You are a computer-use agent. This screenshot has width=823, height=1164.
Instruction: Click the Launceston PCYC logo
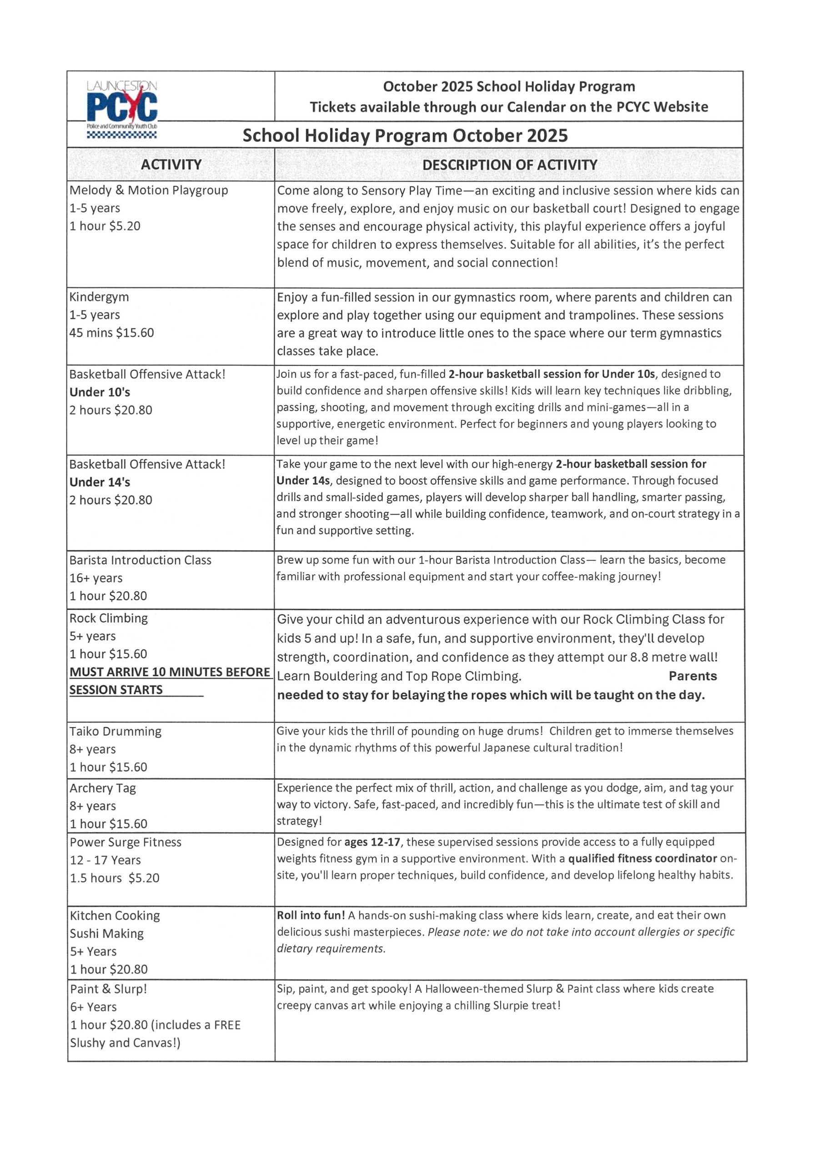[x=122, y=107]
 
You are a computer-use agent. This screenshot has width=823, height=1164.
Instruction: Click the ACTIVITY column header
[x=171, y=164]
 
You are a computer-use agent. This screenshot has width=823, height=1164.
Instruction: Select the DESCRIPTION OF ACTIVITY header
[x=510, y=165]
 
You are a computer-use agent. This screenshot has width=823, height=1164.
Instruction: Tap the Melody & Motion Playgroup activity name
[x=149, y=190]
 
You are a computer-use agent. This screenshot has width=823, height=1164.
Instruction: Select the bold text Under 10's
[x=100, y=392]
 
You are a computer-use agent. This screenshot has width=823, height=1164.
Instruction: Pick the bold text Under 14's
[x=100, y=482]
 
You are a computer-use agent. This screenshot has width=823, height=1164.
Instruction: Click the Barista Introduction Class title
[x=141, y=560]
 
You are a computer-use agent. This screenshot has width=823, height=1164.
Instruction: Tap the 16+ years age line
[x=96, y=578]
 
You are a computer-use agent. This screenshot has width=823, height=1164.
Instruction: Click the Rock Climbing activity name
[x=109, y=618]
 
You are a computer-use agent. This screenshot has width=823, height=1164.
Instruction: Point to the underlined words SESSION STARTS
[x=116, y=690]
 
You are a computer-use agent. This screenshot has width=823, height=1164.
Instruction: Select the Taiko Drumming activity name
[x=115, y=731]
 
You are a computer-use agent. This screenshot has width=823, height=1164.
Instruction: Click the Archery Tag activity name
[x=103, y=788]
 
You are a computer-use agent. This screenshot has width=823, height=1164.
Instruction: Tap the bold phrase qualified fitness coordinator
[x=642, y=859]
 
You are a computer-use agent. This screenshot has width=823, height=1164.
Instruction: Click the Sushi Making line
[x=107, y=933]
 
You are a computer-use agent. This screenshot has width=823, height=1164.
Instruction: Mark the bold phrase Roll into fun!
[x=311, y=915]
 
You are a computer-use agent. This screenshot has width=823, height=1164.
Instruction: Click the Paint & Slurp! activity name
[x=109, y=988]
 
